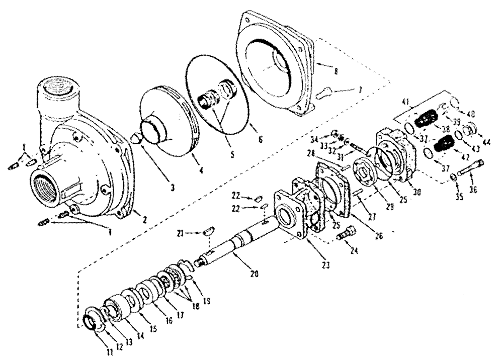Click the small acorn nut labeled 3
(x=136, y=137)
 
